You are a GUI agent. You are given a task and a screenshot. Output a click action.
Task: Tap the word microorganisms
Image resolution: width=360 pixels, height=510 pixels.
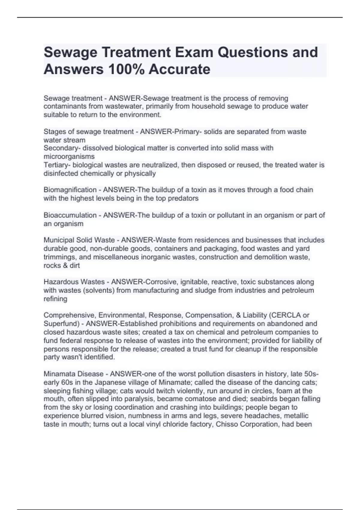[69, 157]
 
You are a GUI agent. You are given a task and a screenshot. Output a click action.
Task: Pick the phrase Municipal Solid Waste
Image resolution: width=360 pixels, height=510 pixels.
[79, 240]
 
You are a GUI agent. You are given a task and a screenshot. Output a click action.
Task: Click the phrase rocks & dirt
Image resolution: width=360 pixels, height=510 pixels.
[61, 265]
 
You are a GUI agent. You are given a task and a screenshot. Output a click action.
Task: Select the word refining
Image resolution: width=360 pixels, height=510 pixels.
[55, 299]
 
